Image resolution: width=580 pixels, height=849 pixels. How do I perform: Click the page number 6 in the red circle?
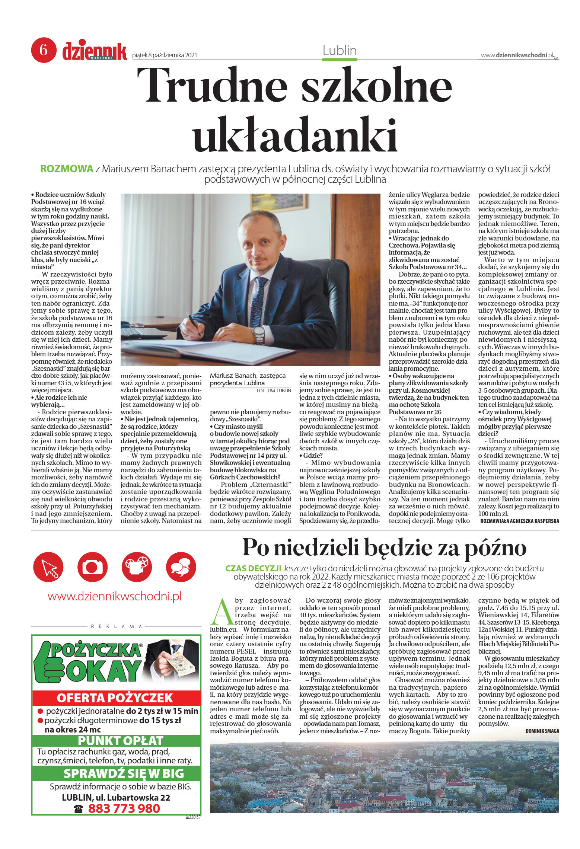click(x=44, y=50)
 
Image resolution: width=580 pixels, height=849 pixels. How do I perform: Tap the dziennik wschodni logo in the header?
click(x=95, y=51)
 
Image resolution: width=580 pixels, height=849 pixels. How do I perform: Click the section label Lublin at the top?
click(x=340, y=51)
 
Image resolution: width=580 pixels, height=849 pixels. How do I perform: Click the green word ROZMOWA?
click(x=67, y=169)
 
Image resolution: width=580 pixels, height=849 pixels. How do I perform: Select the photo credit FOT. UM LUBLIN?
click(x=274, y=391)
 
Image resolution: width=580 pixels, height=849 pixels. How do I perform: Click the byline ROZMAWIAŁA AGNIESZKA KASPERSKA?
click(x=519, y=521)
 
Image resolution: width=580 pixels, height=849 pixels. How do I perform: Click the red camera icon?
click(x=92, y=567)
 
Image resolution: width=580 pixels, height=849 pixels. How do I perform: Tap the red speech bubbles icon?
click(x=181, y=567)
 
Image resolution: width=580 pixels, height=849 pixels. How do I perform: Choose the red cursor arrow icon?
click(x=48, y=567)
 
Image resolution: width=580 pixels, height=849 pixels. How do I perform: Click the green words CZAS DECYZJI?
click(x=253, y=568)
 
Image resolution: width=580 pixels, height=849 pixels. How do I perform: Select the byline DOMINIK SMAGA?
click(x=542, y=731)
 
